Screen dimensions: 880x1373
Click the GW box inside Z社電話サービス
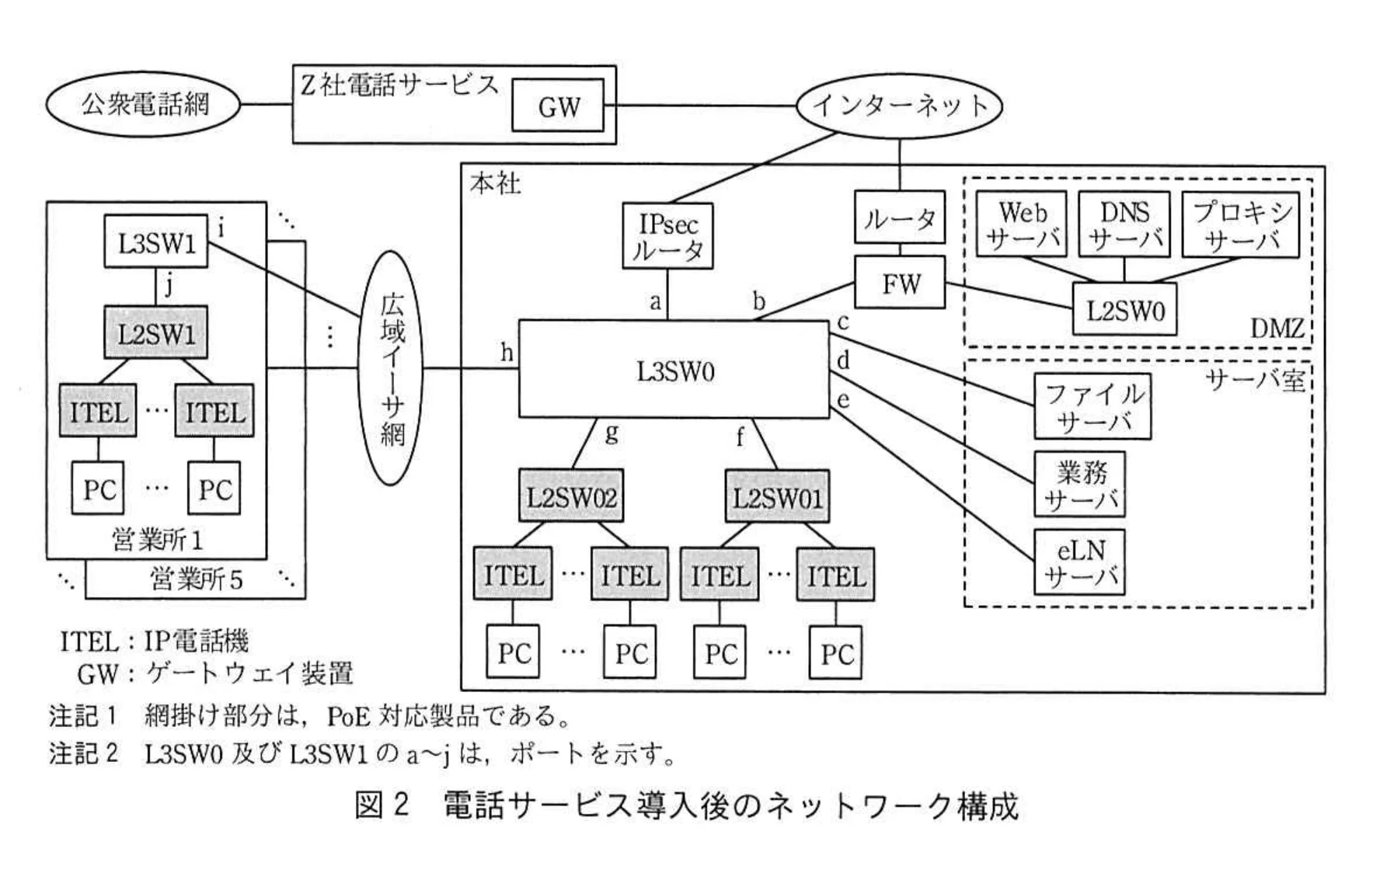[557, 106]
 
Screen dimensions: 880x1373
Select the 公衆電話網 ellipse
[144, 104]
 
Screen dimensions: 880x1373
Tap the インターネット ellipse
[899, 106]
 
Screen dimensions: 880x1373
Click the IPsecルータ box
[667, 236]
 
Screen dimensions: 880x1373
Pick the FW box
[900, 283]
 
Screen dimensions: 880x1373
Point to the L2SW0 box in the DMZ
[1124, 311]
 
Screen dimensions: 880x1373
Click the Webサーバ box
[1021, 224]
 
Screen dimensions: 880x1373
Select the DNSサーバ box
[1124, 224]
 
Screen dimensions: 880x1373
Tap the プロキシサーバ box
[1241, 224]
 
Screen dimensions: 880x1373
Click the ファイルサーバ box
[1092, 406]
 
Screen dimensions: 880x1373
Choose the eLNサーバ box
[1079, 562]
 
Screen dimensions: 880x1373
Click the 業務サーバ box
[1079, 484]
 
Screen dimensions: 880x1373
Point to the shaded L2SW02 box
[571, 496]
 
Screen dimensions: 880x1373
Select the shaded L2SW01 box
[777, 496]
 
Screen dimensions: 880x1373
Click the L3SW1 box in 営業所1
[156, 242]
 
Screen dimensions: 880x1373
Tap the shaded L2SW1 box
[156, 333]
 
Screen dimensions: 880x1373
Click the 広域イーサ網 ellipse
[392, 368]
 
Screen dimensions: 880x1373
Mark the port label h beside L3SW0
[507, 353]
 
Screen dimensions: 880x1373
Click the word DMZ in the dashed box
[1276, 328]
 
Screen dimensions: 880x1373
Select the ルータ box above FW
[899, 218]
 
